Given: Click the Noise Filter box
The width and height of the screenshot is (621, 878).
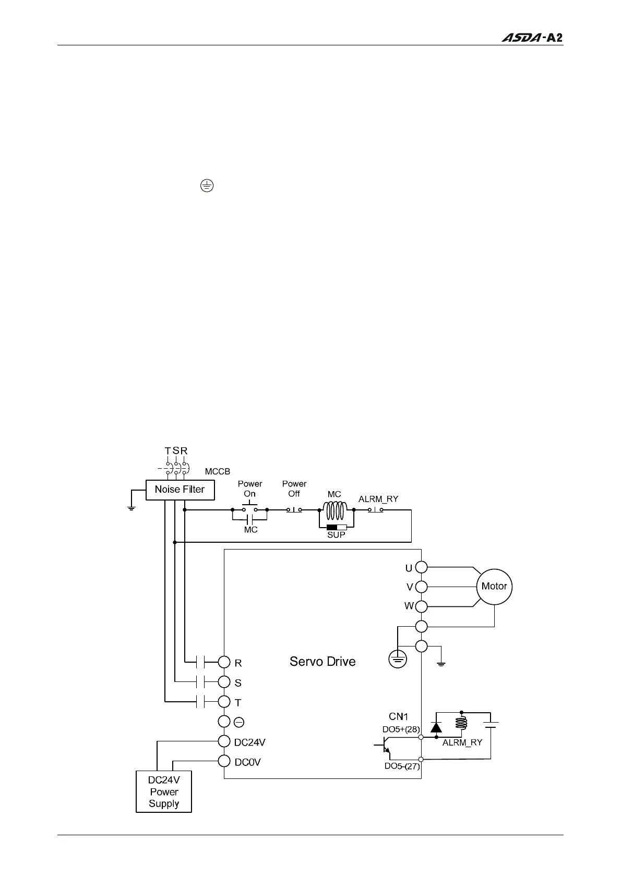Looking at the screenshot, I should (180, 490).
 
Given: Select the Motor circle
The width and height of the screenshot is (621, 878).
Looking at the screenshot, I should (494, 587).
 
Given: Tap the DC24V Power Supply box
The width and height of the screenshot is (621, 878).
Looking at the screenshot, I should (164, 792).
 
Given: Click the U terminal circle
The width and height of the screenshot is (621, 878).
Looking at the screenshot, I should (421, 567).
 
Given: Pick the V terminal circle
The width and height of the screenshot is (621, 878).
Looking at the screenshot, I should (421, 587).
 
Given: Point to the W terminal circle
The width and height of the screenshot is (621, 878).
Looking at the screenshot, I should (421, 606).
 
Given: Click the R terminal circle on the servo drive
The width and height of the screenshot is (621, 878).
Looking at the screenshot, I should (224, 662).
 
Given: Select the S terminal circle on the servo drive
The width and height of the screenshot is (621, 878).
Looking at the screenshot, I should (224, 682).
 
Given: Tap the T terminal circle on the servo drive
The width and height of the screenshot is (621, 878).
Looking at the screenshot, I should (224, 702).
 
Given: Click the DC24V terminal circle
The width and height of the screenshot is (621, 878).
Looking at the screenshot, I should (224, 741).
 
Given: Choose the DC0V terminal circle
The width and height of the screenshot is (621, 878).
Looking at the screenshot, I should (224, 761).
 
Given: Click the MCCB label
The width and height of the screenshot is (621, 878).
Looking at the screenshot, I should (217, 471).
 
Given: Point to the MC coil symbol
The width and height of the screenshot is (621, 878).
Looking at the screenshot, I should (336, 510).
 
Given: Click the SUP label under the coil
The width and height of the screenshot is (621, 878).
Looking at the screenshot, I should (336, 535).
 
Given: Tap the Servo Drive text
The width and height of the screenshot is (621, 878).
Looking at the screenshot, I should (323, 662).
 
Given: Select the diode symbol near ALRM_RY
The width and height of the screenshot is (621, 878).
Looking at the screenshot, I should (436, 727).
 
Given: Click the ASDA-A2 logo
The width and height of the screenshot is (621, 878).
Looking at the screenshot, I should (532, 38).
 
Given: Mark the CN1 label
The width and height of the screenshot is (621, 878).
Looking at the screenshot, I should (398, 717).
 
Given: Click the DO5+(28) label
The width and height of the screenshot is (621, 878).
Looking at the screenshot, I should (401, 729).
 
